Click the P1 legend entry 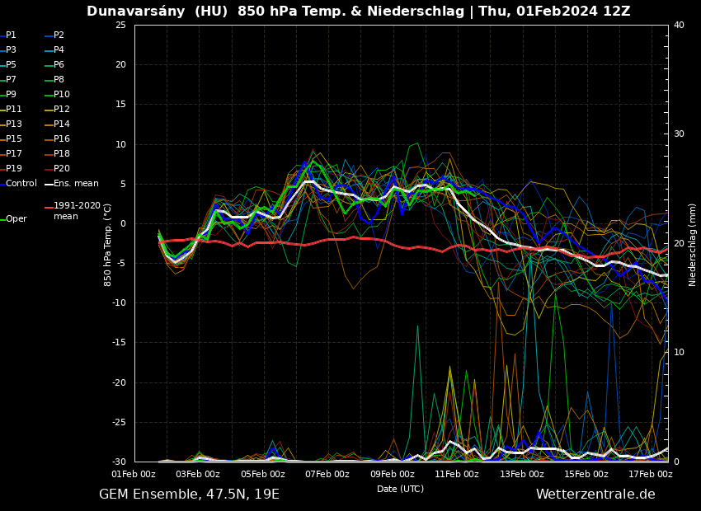pyautogui.click(x=11, y=35)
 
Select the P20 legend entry pyautogui.click(x=62, y=169)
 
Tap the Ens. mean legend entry pyautogui.click(x=76, y=184)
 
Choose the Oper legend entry pyautogui.click(x=16, y=219)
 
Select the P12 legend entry pyautogui.click(x=62, y=110)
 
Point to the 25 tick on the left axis pyautogui.click(x=120, y=25)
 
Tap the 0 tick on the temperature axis pyautogui.click(x=123, y=223)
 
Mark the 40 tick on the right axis pyautogui.click(x=679, y=25)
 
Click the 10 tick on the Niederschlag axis pyautogui.click(x=679, y=352)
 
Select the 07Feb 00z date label pyautogui.click(x=327, y=475)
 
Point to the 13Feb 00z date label pyautogui.click(x=522, y=475)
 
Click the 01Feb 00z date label pyautogui.click(x=134, y=475)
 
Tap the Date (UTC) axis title pyautogui.click(x=400, y=489)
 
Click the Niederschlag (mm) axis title pyautogui.click(x=693, y=244)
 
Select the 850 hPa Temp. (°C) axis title pyautogui.click(x=108, y=244)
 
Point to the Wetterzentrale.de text pyautogui.click(x=595, y=495)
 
